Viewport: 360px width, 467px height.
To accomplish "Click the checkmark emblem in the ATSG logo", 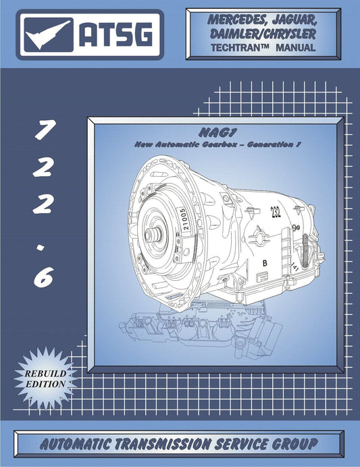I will point(49,33).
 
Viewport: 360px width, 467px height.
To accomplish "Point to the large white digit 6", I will point(42,276).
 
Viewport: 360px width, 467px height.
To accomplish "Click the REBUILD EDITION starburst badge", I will point(47,378).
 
